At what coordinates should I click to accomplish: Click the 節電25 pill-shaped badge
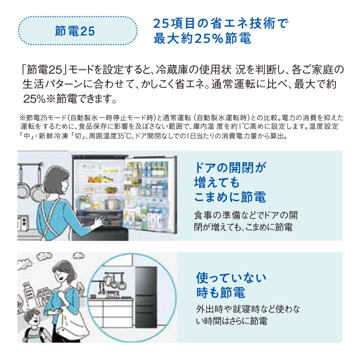[x=78, y=31]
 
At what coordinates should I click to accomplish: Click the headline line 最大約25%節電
[x=202, y=39]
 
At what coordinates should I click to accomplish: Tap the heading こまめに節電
[x=230, y=197]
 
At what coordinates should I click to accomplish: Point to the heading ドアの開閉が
[x=230, y=167]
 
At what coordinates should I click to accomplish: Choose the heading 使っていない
[x=231, y=278]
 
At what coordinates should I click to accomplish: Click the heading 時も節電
[x=220, y=293]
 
